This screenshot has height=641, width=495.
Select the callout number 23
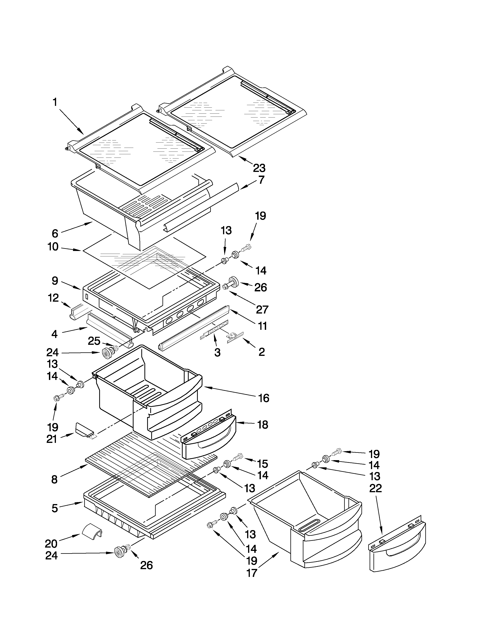(259, 168)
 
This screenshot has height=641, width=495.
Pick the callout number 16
(263, 398)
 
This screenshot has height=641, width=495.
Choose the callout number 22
(376, 488)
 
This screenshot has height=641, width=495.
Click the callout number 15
(262, 464)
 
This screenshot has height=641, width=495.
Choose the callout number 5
(55, 508)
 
